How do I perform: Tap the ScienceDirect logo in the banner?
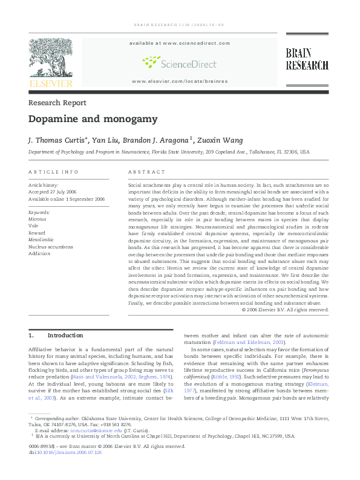point(178,62)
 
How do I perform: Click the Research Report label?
point(57,103)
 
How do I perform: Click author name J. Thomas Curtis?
point(56,140)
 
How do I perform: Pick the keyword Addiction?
point(39,253)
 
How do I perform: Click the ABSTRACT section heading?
point(147,172)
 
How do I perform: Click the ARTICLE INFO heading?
point(53,172)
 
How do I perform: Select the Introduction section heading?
point(65,336)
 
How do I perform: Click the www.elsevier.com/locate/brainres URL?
point(179,81)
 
